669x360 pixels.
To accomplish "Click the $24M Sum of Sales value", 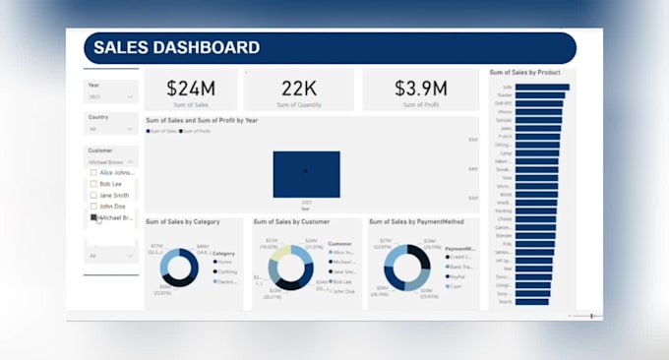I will (x=190, y=88).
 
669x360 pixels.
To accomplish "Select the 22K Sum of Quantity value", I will (x=299, y=88).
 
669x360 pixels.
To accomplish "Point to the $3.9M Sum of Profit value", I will (x=420, y=88).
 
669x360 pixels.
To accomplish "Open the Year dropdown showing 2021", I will (x=110, y=97).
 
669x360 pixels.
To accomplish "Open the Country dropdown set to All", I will (x=110, y=129).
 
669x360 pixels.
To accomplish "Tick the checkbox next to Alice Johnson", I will (x=94, y=172).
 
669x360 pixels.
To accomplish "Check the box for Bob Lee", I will (x=94, y=184).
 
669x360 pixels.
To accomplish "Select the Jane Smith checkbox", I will (x=94, y=196).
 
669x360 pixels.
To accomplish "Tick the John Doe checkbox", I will (x=94, y=207).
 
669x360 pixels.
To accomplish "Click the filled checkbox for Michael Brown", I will (x=94, y=217).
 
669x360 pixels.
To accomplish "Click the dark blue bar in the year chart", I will (x=306, y=174).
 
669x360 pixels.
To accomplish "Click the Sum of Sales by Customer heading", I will (x=292, y=221).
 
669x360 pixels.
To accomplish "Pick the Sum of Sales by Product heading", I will (x=531, y=73).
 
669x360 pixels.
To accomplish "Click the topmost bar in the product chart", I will (x=541, y=87).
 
